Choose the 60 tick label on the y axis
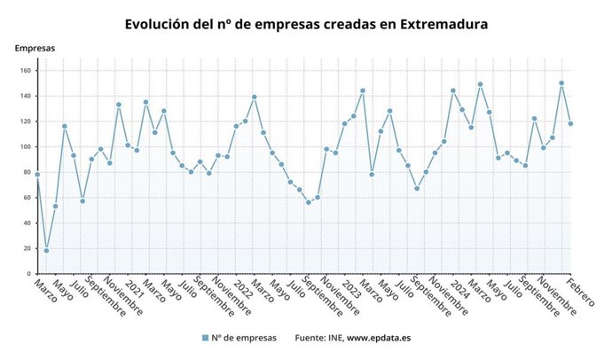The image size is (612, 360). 27,198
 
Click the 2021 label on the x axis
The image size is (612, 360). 134,291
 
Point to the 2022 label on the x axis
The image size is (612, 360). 242,291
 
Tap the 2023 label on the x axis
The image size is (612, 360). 351,291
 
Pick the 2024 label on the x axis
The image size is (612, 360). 459,291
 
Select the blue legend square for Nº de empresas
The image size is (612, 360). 204,338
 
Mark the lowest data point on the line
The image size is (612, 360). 46,250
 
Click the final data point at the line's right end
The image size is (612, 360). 570,123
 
